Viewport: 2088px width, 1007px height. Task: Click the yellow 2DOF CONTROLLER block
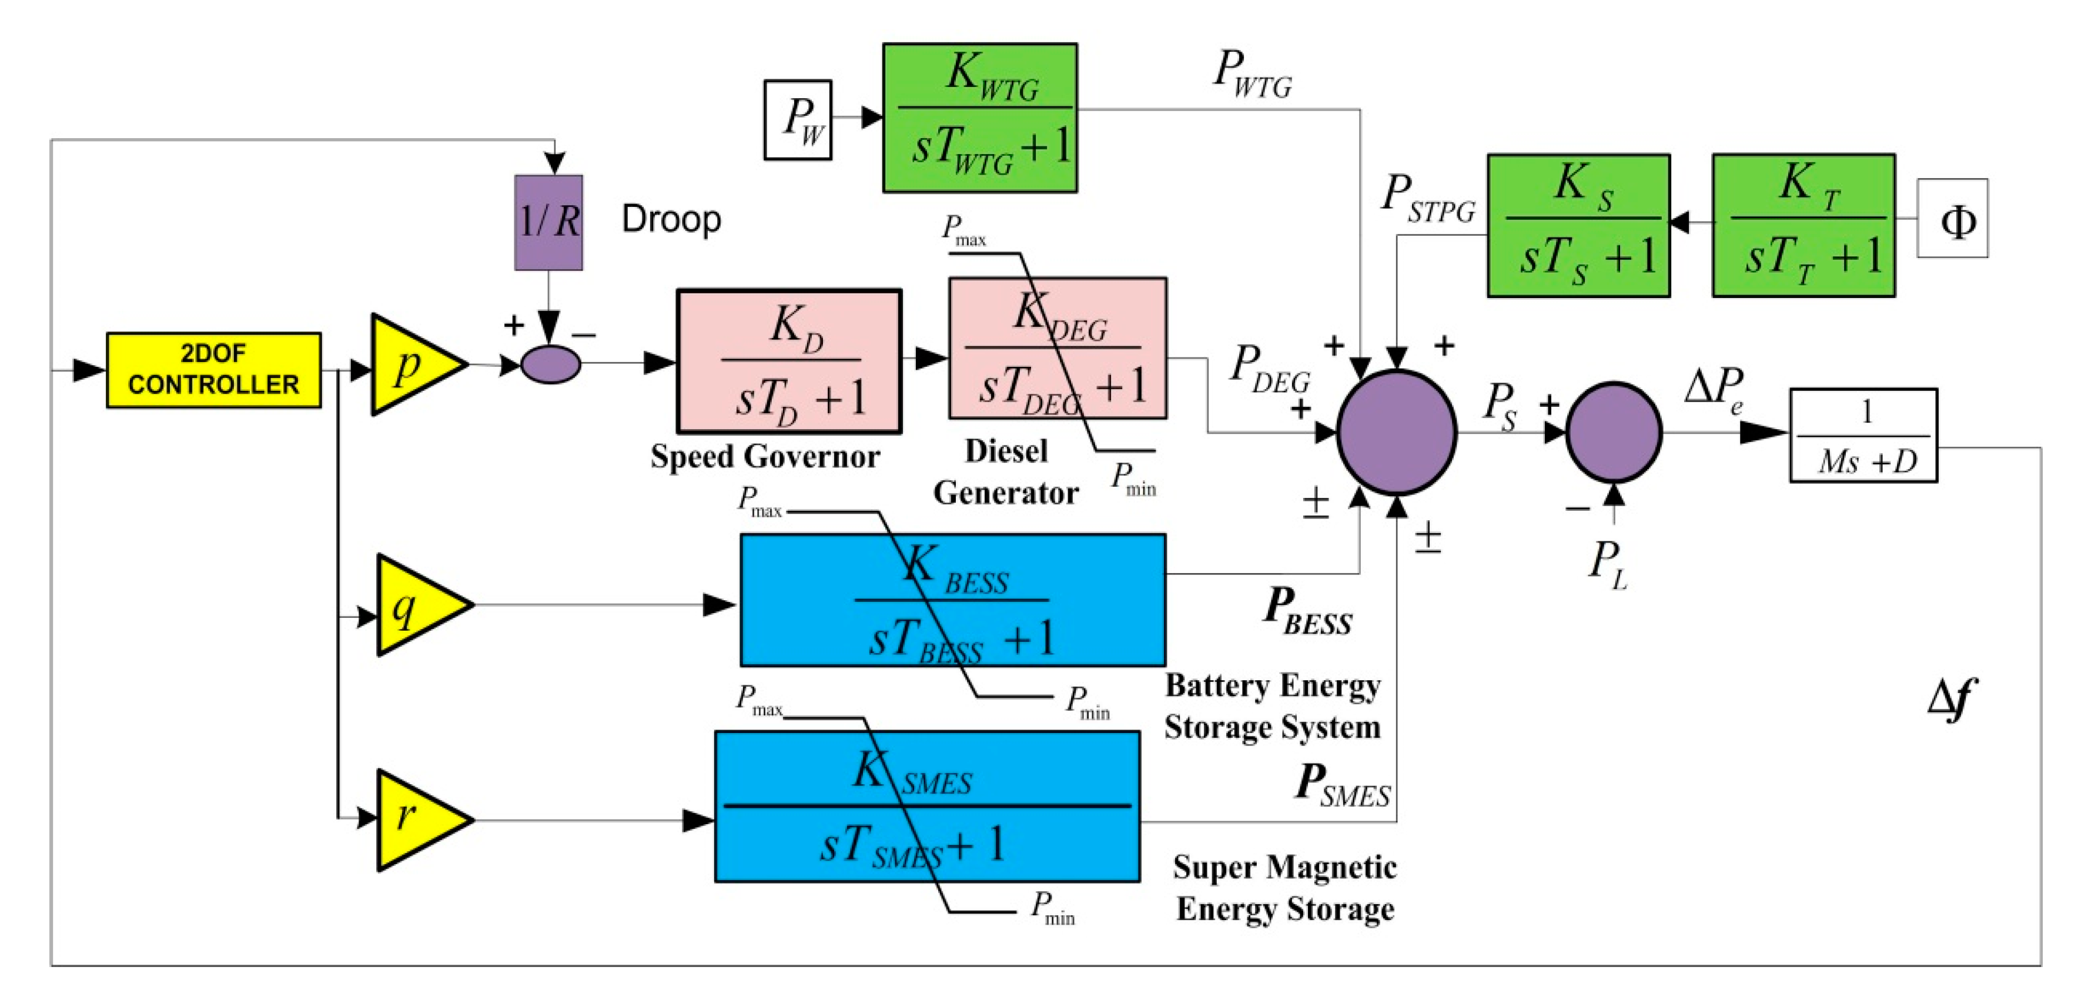(213, 369)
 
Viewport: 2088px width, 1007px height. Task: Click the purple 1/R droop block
(549, 222)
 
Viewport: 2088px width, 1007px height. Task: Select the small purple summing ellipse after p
(550, 364)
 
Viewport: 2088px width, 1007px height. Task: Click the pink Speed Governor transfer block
(789, 361)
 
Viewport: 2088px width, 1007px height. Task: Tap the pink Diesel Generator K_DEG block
(1058, 349)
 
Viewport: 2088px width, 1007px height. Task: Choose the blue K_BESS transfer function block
(952, 600)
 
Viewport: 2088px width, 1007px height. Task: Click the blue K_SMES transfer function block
(926, 806)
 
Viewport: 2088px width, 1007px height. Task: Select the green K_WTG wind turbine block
(979, 118)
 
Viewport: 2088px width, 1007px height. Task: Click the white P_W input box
(798, 119)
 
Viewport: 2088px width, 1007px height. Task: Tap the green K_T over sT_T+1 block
(1803, 225)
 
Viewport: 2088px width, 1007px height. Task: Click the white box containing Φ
(1952, 219)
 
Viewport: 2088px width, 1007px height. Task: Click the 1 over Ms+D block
(1863, 436)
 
